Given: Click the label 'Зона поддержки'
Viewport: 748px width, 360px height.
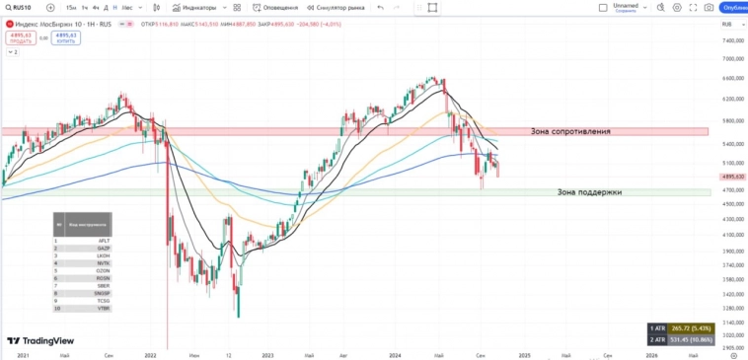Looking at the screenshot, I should tap(589, 192).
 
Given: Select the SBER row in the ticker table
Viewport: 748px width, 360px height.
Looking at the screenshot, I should tap(104, 285).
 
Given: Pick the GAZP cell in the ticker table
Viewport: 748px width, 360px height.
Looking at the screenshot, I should tap(104, 248).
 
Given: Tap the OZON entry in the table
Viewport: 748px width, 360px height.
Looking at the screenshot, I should tap(104, 270).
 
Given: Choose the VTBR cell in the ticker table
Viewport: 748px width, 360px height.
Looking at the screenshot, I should tap(104, 309).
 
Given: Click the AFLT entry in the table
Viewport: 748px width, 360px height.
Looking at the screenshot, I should tap(104, 240).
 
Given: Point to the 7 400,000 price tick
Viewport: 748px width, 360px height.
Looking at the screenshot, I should tap(732, 41).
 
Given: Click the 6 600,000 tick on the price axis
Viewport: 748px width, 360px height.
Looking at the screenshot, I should tap(732, 79).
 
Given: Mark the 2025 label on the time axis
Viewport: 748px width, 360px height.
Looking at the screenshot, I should tap(525, 353).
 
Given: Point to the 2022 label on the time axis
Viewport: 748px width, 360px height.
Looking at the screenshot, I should tap(151, 353).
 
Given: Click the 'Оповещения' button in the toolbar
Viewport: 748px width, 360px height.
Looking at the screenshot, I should tap(277, 7).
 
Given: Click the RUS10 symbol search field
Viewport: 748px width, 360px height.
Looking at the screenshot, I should tap(22, 7).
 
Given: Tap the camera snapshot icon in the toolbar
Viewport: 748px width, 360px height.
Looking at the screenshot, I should tap(709, 7).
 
